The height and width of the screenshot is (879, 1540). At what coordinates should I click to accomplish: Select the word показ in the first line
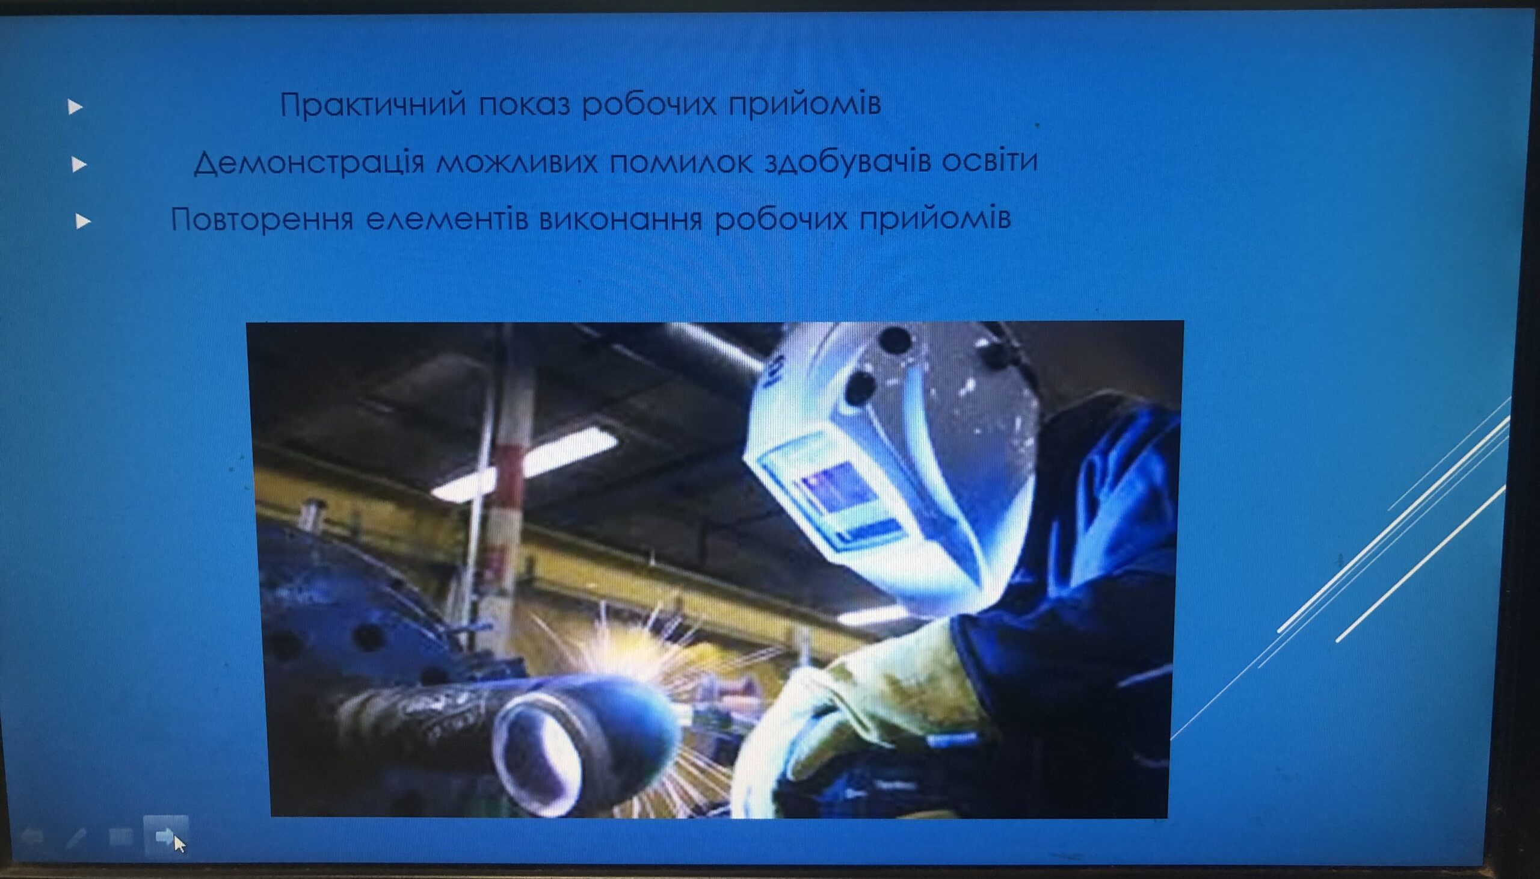(x=525, y=105)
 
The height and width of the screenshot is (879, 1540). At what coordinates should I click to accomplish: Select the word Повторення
(x=262, y=219)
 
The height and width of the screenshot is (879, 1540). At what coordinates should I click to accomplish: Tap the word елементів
(x=447, y=219)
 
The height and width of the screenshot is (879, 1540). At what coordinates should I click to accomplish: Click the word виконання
(x=620, y=218)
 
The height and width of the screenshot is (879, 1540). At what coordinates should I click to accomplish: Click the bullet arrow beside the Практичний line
(x=75, y=108)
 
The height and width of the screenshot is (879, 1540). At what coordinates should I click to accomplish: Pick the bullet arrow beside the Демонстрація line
(x=79, y=164)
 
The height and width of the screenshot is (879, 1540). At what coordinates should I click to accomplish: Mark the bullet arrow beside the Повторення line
(x=83, y=221)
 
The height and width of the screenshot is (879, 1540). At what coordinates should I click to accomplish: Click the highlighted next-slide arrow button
(x=164, y=836)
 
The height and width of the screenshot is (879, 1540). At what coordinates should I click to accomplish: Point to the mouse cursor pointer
(x=179, y=844)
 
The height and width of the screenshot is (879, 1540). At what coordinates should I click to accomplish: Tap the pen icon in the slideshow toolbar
(x=76, y=837)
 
